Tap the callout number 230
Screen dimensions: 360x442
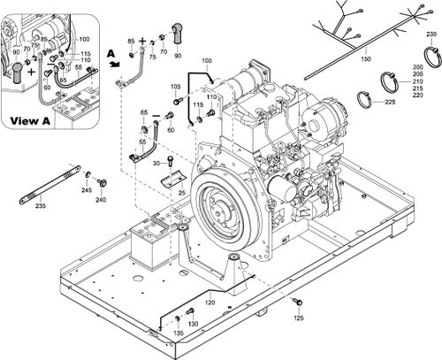[x=431, y=34]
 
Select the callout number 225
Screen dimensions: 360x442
[x=390, y=103]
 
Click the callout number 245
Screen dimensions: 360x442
[x=87, y=191]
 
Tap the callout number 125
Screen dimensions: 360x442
[x=299, y=317]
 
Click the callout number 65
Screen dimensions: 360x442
[x=143, y=112]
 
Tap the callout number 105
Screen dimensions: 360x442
[x=175, y=87]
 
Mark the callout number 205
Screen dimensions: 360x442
[x=417, y=75]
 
